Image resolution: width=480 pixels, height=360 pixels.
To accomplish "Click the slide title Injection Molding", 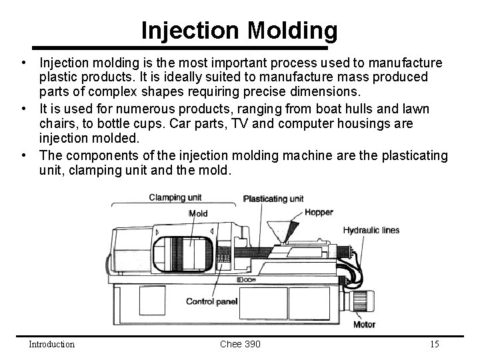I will coord(239,30).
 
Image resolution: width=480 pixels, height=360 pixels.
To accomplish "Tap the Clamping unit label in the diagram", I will coord(175,197).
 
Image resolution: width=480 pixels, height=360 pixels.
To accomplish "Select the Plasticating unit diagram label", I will coord(273,199).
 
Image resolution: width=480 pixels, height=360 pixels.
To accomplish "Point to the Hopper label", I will coord(319,213).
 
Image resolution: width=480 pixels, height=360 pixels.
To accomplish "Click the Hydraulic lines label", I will coord(371,230).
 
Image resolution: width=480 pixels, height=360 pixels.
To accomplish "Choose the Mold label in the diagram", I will coord(199,213).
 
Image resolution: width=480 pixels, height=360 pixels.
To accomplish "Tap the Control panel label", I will coord(211,302).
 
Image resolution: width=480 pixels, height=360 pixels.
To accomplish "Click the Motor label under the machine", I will coord(364,325).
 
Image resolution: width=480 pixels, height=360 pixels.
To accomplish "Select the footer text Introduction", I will coord(51,344).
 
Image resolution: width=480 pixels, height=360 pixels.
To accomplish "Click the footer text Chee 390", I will coord(240,344).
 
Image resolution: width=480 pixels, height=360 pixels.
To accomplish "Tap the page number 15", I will coord(434,344).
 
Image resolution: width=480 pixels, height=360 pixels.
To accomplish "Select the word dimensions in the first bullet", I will coord(327,91).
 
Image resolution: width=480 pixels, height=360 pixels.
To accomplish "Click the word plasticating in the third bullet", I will coord(413,155).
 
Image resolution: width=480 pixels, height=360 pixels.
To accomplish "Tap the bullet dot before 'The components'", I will coord(23,155).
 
